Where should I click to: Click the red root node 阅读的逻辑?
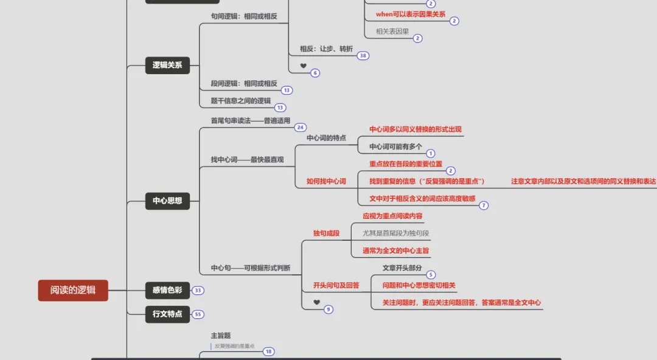73,290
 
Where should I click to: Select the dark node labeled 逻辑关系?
167,65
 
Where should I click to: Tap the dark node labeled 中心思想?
167,201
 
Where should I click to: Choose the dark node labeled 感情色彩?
167,291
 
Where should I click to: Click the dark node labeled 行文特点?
167,314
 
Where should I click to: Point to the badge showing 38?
363,56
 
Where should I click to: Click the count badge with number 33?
198,291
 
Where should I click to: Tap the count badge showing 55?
198,314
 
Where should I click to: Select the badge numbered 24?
300,128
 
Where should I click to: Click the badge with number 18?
268,351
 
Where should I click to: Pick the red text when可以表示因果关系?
410,14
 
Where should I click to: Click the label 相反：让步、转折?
326,49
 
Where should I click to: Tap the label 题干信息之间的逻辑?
240,101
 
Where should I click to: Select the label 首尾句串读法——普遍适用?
250,120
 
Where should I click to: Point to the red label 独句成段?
326,233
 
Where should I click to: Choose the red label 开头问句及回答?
336,285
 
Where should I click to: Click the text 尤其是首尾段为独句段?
396,233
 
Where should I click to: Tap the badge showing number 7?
484,206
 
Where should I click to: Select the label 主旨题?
220,335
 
